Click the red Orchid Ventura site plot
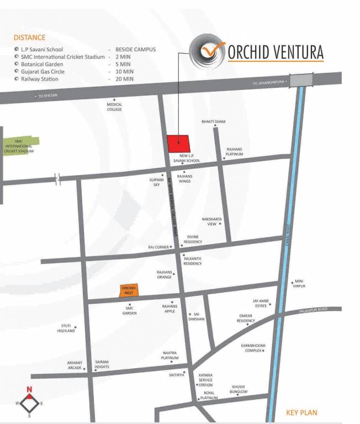[x=178, y=144]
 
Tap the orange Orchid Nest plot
[x=130, y=290]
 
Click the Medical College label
[x=114, y=107]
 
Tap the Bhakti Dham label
[x=213, y=121]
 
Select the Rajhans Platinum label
[x=235, y=151]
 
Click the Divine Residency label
[x=194, y=239]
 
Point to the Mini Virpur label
[x=299, y=284]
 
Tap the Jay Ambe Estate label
[x=260, y=303]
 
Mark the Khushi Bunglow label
[x=239, y=389]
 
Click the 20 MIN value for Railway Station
[x=125, y=79]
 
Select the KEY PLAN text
[x=301, y=412]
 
